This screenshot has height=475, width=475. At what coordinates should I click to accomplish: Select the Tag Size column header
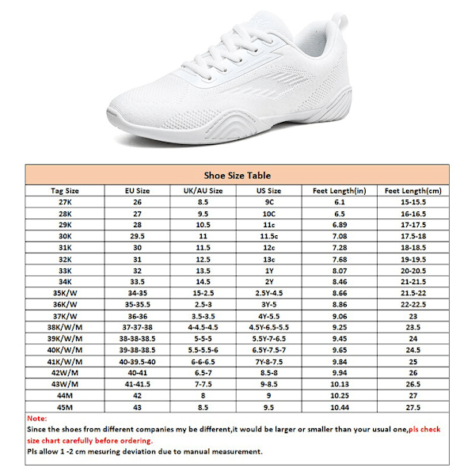click(x=65, y=191)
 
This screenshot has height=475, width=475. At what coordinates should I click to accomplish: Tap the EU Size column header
click(x=138, y=191)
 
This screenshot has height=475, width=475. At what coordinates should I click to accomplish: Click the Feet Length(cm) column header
click(x=412, y=191)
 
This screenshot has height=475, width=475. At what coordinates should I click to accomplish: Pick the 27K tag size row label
click(x=65, y=203)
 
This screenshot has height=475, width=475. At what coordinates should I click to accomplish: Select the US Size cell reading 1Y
click(x=269, y=271)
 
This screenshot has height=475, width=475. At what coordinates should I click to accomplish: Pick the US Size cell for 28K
click(x=269, y=214)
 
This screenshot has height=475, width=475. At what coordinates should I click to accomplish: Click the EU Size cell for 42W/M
click(x=138, y=373)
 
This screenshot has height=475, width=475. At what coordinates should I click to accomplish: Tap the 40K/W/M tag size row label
click(x=65, y=350)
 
